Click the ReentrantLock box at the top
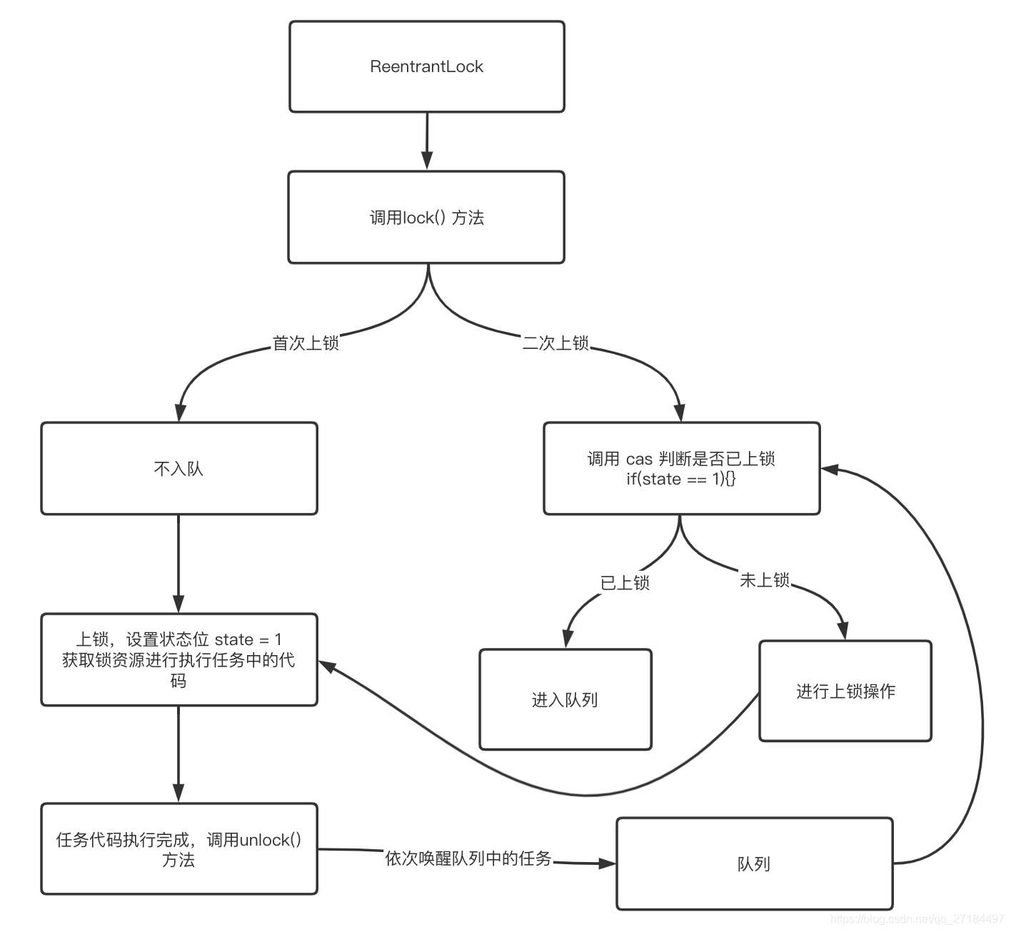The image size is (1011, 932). pyautogui.click(x=426, y=66)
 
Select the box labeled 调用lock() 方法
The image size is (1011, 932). pyautogui.click(x=426, y=217)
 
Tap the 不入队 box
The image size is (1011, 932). pyautogui.click(x=178, y=468)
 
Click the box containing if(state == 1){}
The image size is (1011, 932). pyautogui.click(x=681, y=468)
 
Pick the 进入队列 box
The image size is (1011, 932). pyautogui.click(x=565, y=699)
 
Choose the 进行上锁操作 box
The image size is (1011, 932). pyautogui.click(x=845, y=691)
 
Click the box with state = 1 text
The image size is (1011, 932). pyautogui.click(x=178, y=659)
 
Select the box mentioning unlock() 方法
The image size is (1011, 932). pyautogui.click(x=178, y=849)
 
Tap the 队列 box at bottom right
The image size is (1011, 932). pyautogui.click(x=754, y=863)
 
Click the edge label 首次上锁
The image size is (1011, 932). pyautogui.click(x=306, y=343)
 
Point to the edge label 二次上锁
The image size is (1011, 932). pyautogui.click(x=555, y=343)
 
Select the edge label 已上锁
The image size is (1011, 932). pyautogui.click(x=625, y=583)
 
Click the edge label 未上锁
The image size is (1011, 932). pyautogui.click(x=764, y=580)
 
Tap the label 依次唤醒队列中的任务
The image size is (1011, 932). pyautogui.click(x=468, y=858)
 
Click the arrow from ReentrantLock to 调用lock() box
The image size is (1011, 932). pyautogui.click(x=427, y=141)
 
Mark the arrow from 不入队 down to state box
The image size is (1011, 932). pyautogui.click(x=178, y=564)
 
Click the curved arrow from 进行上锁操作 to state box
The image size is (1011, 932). pyautogui.click(x=585, y=794)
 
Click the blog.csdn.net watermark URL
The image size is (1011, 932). pyautogui.click(x=917, y=919)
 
